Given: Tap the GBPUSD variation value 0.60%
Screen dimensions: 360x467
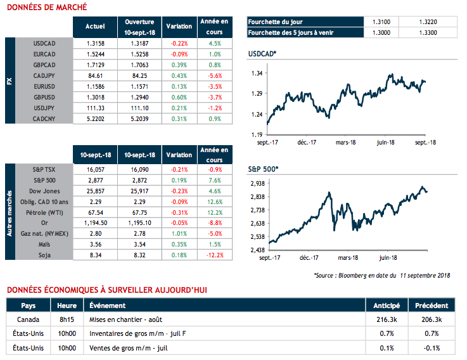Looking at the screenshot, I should (179, 98).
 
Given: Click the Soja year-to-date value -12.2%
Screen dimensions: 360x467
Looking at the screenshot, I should (215, 255).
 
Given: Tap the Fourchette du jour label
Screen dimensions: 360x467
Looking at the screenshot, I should (277, 21).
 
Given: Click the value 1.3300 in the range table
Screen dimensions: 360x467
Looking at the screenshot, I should (428, 32).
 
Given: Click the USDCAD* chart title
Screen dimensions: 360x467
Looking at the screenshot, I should (263, 55).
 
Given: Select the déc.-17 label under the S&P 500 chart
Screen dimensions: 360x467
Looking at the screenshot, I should (309, 258).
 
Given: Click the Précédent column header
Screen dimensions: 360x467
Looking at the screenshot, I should (432, 305).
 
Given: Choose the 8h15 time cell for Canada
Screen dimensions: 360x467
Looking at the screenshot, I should (67, 320).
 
